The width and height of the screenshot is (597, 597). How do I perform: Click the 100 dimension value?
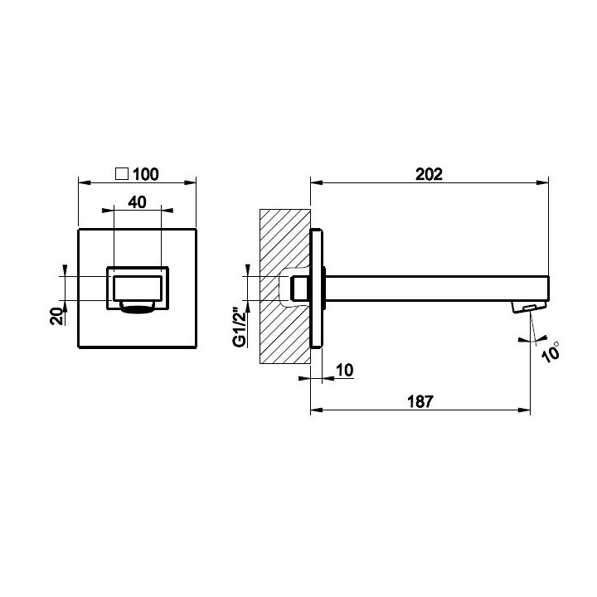click(145, 174)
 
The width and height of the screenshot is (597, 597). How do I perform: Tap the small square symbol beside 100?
click(121, 173)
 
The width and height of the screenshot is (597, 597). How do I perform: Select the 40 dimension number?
click(137, 202)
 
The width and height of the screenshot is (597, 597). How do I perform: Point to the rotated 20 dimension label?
click(57, 316)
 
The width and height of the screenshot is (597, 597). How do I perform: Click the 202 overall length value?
click(430, 174)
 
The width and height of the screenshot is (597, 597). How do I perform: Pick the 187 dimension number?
click(420, 401)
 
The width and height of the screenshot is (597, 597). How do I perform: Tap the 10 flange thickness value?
click(345, 370)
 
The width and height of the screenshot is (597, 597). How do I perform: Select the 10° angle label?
click(551, 352)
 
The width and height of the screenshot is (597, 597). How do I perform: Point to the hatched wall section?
click(284, 286)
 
